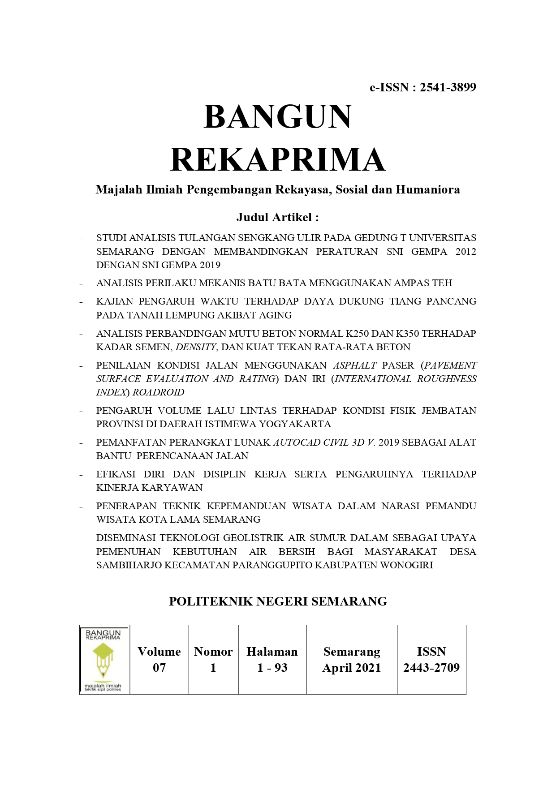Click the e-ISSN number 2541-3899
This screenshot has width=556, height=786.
448,87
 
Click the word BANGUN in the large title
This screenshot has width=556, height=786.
278,117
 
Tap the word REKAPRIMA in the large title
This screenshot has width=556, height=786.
278,160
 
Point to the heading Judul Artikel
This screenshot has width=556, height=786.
277,218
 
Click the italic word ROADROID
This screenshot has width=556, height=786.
158,392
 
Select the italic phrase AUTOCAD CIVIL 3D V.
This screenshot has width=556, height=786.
324,442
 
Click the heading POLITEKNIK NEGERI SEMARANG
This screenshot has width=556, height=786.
278,601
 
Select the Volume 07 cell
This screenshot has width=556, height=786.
159,660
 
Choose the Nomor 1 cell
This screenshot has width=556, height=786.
213,660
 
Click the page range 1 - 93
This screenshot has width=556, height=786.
272,668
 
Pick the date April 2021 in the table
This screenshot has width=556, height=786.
352,668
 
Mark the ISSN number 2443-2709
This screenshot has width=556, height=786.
431,668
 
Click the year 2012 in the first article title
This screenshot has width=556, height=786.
465,252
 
